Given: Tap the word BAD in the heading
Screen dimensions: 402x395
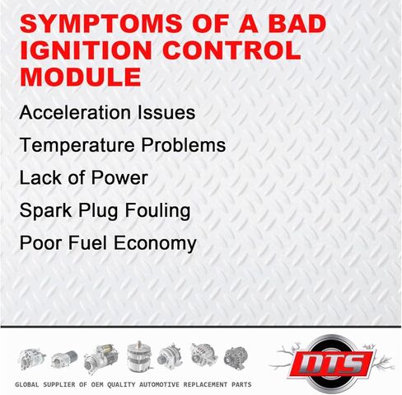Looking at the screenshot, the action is click(297, 23).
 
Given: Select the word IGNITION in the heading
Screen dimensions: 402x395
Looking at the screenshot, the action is click(86, 50).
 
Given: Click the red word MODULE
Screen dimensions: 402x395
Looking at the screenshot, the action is click(81, 77).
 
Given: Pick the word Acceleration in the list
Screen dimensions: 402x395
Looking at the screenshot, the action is click(75, 112).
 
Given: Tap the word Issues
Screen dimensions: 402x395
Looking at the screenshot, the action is click(166, 112).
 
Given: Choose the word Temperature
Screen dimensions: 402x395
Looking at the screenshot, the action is click(77, 145).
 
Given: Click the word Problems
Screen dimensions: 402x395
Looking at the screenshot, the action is click(184, 144).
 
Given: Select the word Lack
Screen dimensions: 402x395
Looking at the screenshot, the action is click(40, 177).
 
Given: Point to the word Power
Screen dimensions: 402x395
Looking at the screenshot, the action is click(119, 177).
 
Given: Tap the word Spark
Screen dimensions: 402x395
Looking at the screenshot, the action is click(46, 210).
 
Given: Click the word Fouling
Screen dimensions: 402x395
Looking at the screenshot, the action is click(157, 210).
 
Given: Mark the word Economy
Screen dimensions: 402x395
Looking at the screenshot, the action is click(155, 244).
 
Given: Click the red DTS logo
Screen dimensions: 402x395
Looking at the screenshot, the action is click(332, 364).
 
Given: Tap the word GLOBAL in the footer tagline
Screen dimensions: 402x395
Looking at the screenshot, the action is click(27, 384).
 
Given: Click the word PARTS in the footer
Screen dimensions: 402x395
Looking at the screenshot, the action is click(241, 384).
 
